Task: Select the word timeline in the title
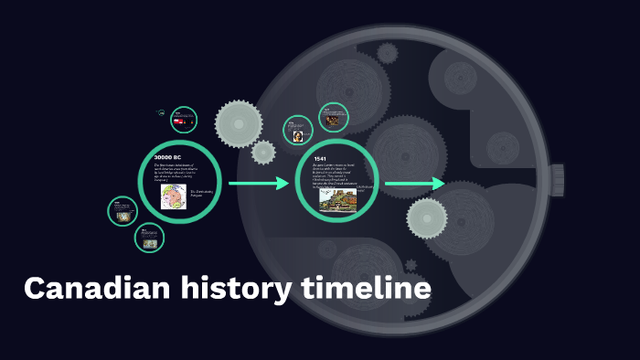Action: tap(366, 289)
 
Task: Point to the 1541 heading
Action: tap(320, 159)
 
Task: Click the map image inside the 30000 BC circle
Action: tap(173, 196)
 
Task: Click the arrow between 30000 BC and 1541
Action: tap(258, 184)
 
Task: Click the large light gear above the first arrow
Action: tap(239, 122)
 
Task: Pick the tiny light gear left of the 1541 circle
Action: tap(263, 152)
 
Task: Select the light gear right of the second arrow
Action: tap(427, 217)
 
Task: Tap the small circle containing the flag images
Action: tap(183, 120)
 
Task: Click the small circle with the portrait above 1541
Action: tap(298, 131)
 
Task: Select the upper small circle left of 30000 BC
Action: tap(122, 211)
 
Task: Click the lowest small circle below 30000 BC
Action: tap(149, 238)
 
